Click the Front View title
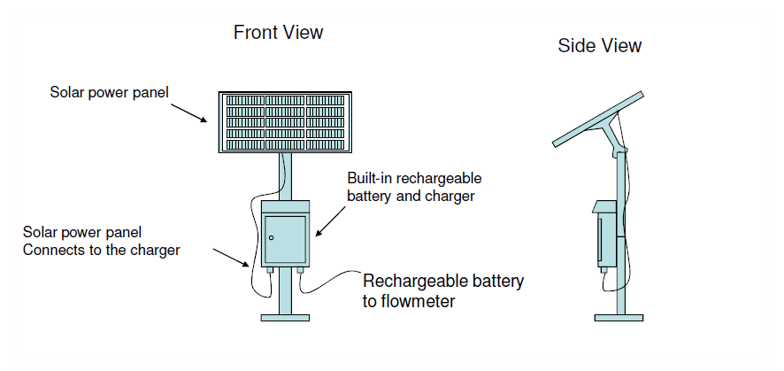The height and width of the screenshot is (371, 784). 278,33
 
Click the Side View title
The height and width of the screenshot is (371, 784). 599,45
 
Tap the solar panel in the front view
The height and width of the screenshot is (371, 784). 285,122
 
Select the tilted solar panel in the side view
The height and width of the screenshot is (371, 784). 597,119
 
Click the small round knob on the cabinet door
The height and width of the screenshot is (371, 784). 272,237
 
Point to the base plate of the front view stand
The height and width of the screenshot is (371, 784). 285,318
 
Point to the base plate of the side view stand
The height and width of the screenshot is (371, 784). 619,318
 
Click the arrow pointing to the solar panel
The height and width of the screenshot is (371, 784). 189,113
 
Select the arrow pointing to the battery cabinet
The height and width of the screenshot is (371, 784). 330,220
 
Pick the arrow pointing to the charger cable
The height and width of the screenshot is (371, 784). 231,257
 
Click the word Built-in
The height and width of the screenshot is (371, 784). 368,178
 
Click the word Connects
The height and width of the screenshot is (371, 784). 55,250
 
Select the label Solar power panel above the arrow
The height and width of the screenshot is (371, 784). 110,92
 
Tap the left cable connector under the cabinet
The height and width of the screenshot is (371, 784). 270,270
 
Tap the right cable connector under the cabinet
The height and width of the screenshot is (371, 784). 301,270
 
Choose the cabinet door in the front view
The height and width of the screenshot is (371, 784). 285,240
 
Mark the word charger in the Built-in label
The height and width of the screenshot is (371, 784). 450,196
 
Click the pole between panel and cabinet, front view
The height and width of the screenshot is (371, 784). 285,176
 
